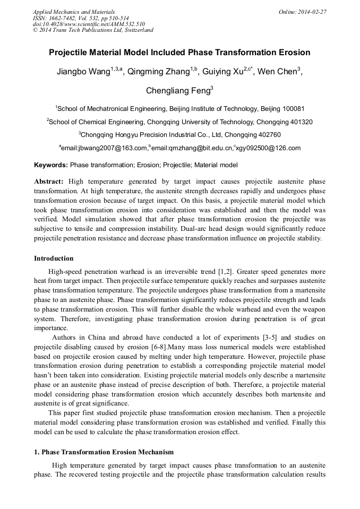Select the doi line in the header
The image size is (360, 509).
89,24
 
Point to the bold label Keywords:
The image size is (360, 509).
51,166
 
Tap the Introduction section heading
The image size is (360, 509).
54,258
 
